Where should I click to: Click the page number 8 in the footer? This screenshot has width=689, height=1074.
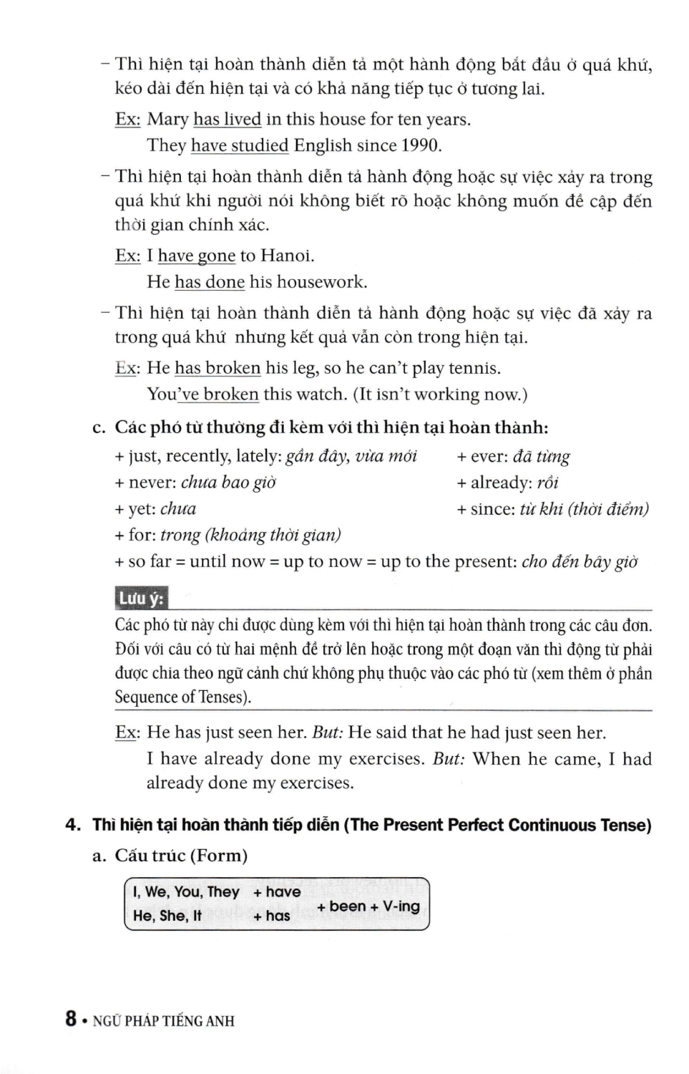coord(71,1019)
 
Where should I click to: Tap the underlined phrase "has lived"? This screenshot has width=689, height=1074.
coord(227,119)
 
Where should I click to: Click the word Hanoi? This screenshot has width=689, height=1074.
coord(286,256)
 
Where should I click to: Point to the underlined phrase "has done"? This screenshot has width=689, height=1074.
coord(210,282)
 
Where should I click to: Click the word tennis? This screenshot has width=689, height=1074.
coord(474,368)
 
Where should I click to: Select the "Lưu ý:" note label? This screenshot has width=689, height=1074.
coord(141,599)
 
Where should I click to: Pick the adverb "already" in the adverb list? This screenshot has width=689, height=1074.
coord(501,483)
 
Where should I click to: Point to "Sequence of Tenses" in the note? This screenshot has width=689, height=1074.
coord(182,697)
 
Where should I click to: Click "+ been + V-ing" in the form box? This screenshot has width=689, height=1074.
coord(368,906)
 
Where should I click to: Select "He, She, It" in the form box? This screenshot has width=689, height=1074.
coord(167,916)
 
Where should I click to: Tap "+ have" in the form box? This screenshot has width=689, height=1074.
coord(277,892)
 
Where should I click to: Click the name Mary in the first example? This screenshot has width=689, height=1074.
coord(168,119)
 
